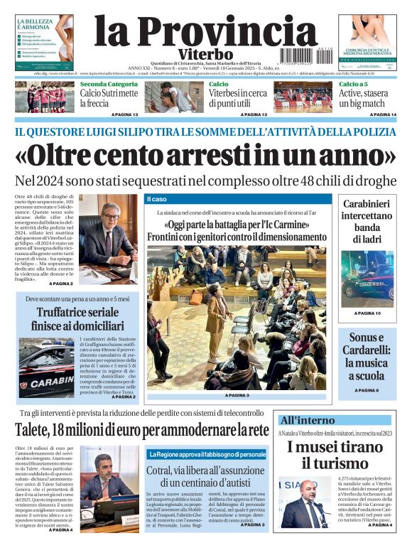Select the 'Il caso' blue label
coord(158,198)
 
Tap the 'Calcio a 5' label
coord(353,84)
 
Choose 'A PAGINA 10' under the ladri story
coord(367,313)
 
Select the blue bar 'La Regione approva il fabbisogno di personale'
coord(207,453)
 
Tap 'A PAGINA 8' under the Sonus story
coord(367,390)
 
